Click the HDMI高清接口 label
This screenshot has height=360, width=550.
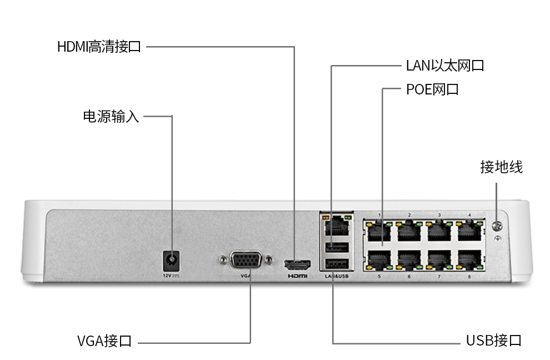[99, 47]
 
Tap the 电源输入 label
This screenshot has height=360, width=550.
[111, 117]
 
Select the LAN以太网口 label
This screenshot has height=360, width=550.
[445, 66]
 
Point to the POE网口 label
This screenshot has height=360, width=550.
[432, 89]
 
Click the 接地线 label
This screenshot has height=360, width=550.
[501, 167]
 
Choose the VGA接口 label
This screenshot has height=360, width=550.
[104, 341]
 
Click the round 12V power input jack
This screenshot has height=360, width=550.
[172, 261]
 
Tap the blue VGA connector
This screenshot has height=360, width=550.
[246, 260]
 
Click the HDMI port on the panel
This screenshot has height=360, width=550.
[297, 263]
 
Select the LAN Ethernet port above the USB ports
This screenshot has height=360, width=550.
[337, 226]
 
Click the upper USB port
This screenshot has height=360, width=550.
[337, 248]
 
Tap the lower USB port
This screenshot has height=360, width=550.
[337, 264]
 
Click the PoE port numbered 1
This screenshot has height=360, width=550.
[379, 231]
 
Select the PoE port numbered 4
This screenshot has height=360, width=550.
[469, 231]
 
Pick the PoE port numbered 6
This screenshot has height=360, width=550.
[409, 260]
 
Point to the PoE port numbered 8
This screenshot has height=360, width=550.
[469, 260]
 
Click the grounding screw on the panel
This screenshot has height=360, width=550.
[497, 226]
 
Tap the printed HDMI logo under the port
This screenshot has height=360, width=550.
[297, 276]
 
